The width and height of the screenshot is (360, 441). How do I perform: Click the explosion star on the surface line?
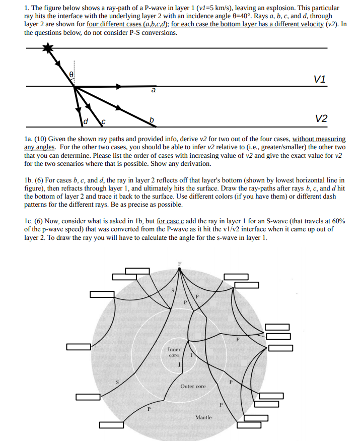pyautogui.click(x=48, y=48)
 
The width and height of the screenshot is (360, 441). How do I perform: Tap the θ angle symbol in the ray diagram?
pyautogui.click(x=71, y=74)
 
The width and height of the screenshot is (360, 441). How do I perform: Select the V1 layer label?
pyautogui.click(x=319, y=79)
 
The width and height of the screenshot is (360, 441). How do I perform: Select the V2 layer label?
pyautogui.click(x=321, y=118)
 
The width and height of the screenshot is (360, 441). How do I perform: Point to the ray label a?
pyautogui.click(x=154, y=91)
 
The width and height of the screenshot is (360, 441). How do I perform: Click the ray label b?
pyautogui.click(x=150, y=120)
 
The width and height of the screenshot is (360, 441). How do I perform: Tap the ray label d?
pyautogui.click(x=86, y=121)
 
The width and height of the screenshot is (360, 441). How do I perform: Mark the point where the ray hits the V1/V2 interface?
pyautogui.click(x=75, y=87)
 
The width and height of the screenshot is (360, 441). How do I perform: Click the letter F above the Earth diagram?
pyautogui.click(x=178, y=264)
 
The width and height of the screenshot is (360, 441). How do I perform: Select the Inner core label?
pyautogui.click(x=174, y=352)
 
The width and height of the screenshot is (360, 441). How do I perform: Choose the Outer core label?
pyautogui.click(x=193, y=387)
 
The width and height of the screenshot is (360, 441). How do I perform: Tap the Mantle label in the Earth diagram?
pyautogui.click(x=203, y=417)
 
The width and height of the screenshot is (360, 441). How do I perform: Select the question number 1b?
pyautogui.click(x=29, y=180)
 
